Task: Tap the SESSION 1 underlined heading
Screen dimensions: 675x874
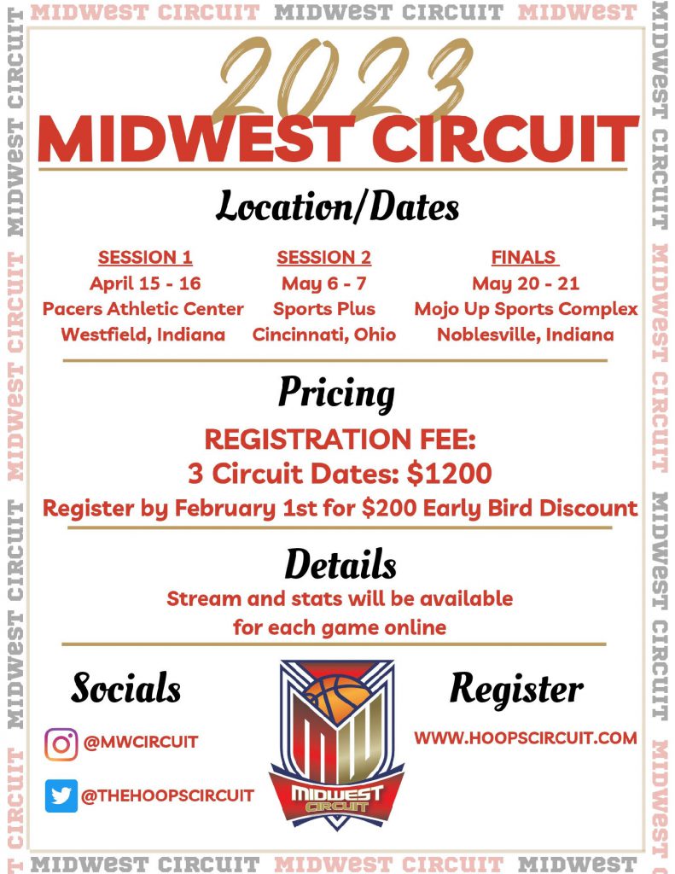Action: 145,258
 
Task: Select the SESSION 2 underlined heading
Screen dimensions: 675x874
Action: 323,258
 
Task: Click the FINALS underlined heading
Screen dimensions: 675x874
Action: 525,258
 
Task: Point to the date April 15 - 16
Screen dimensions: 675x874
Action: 145,283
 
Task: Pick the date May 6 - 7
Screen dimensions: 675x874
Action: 323,283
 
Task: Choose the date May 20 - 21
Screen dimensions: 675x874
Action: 526,283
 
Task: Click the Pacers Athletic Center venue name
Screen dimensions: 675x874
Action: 143,309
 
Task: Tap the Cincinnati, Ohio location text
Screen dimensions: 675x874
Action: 323,335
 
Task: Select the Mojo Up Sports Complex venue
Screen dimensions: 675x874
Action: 526,309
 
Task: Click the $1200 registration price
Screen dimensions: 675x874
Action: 449,473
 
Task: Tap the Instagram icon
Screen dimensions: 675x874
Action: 61,744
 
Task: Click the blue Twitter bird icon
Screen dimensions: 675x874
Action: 61,795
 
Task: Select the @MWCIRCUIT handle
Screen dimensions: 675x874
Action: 141,742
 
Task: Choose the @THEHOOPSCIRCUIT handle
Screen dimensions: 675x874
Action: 167,795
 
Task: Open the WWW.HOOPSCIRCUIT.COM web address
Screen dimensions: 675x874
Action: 526,738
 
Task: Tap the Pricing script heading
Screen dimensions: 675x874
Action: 337,393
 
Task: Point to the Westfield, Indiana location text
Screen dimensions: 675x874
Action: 143,335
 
